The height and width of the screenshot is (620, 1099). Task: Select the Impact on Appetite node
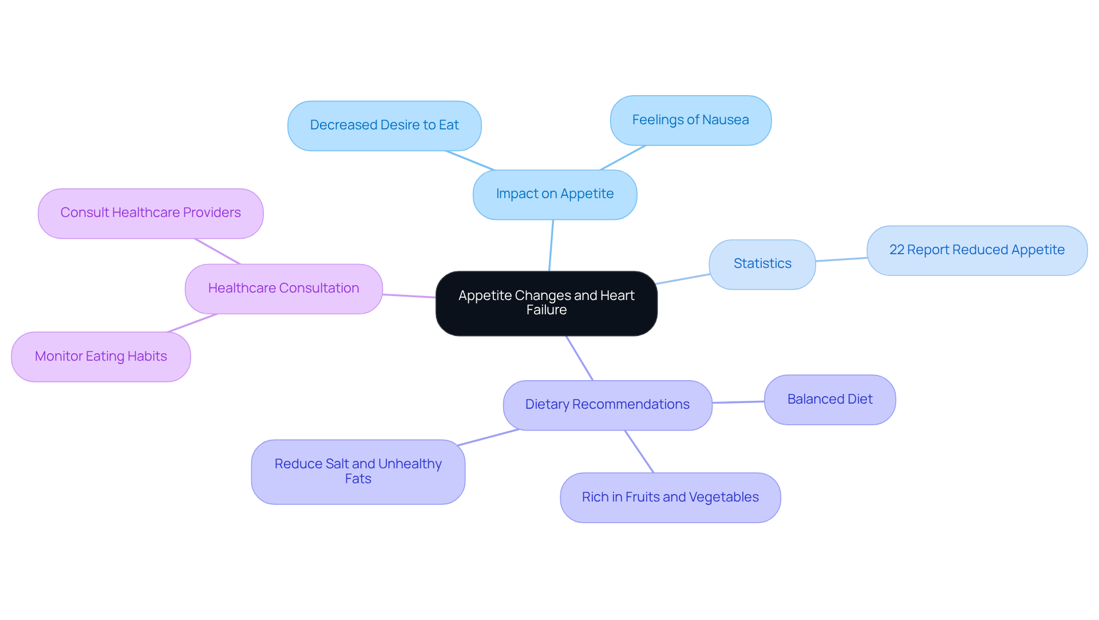[x=555, y=194]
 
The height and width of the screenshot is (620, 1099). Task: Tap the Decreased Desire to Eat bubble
[x=384, y=125]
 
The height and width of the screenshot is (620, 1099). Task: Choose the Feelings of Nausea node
[x=690, y=120]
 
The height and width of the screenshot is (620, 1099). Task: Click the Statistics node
[x=762, y=264]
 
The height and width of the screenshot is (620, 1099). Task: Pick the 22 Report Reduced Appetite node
[x=977, y=250]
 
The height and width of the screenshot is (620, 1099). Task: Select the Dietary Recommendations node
[x=607, y=405]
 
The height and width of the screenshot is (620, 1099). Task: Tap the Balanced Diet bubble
[x=829, y=400]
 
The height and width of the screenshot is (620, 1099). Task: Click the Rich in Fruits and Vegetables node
[x=670, y=497]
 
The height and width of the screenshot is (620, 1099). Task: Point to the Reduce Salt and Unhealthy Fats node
[x=358, y=471]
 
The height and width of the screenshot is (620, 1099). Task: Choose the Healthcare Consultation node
[x=283, y=289]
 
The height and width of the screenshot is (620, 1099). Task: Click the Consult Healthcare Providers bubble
[x=151, y=213]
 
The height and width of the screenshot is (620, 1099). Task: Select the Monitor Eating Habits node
[x=101, y=357]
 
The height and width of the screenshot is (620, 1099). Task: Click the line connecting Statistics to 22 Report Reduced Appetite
[x=841, y=259]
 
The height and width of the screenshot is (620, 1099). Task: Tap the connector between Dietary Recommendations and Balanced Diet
[x=738, y=402]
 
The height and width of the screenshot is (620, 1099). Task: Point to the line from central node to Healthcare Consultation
[x=409, y=295]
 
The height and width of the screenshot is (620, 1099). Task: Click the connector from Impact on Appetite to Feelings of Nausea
[x=623, y=157]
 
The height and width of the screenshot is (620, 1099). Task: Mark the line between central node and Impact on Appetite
[x=551, y=245]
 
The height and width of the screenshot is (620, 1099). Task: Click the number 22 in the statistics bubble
[x=896, y=250]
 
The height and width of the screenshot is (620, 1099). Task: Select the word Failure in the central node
[x=546, y=310]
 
